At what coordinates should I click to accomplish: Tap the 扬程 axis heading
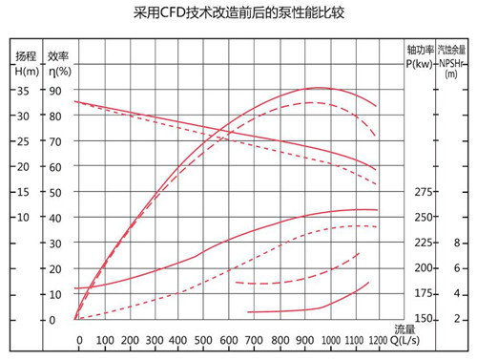coord(26,55)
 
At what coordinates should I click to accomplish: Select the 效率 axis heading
coord(59,55)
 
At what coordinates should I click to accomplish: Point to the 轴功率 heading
coord(420,51)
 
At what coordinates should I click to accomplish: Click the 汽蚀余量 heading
coord(452,51)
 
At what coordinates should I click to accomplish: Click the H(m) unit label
coord(26,70)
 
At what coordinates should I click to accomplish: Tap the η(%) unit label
coord(59,70)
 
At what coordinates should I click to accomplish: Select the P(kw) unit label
coord(419,64)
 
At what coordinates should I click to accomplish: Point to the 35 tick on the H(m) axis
coord(23,91)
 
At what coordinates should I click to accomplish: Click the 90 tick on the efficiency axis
coord(55,91)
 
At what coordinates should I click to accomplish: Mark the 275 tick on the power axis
coord(425,192)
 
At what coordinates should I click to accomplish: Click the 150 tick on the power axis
coord(425,319)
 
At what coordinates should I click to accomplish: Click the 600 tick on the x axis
coord(229,340)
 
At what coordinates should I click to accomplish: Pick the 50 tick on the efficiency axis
coord(55,192)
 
